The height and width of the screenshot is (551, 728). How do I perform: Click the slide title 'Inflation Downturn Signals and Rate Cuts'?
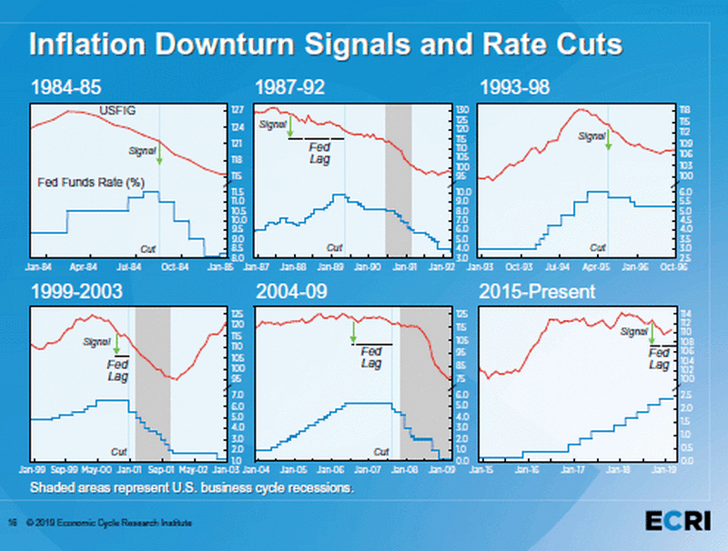(325, 44)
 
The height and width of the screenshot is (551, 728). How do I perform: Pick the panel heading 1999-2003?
(76, 292)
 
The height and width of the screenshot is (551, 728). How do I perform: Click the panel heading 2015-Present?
(536, 292)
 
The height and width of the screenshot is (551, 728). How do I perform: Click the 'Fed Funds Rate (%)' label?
(91, 182)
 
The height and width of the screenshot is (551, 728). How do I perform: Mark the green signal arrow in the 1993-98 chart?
(609, 142)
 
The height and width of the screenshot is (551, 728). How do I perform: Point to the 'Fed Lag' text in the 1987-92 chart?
(318, 153)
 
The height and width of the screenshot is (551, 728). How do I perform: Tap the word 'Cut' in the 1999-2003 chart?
(118, 451)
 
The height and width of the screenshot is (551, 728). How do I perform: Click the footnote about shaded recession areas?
(191, 487)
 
